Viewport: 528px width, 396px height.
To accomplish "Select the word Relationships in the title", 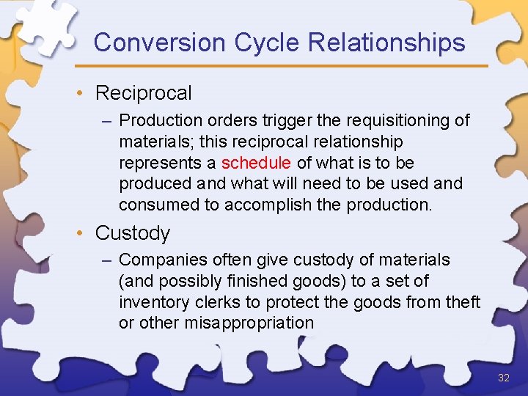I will click(386, 43).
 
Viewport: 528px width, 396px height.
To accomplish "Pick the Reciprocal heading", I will click(143, 93).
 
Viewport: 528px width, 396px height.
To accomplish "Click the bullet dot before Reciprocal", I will click(86, 93).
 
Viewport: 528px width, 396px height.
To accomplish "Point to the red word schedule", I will click(256, 162).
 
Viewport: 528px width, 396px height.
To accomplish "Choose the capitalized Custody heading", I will click(132, 233).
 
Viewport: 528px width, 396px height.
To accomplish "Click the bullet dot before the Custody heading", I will click(86, 233).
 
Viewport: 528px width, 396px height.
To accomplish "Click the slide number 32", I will click(503, 378).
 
